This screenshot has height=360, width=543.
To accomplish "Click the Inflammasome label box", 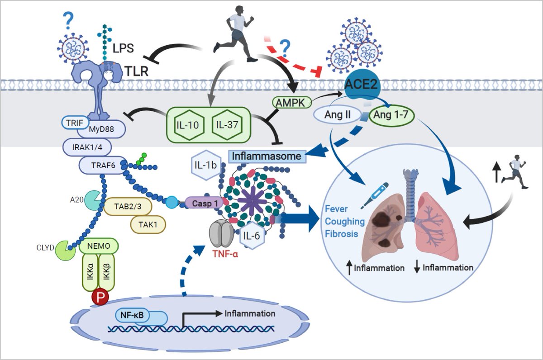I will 267,156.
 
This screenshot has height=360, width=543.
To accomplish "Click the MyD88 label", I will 100,132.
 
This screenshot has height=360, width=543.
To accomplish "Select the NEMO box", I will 99,246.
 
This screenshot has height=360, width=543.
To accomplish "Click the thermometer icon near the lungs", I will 373,196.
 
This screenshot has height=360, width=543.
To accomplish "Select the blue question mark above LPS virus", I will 68,19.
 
